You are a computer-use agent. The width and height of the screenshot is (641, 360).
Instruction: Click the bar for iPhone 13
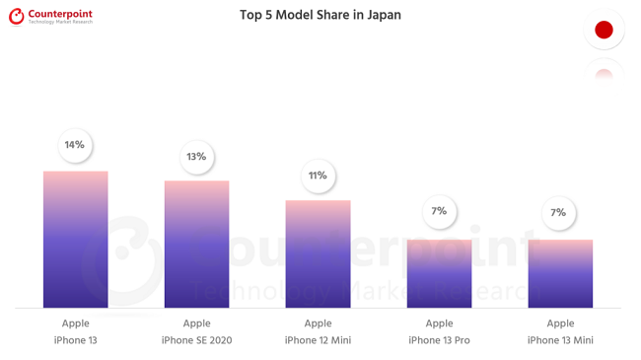click(x=75, y=240)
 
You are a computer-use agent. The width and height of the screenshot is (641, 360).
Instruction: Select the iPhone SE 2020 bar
click(x=196, y=245)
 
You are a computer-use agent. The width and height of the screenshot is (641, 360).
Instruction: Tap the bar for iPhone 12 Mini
click(x=318, y=254)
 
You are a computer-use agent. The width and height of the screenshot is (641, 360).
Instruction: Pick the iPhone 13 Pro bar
click(x=439, y=274)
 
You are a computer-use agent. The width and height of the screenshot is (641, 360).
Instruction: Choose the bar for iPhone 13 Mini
click(x=560, y=274)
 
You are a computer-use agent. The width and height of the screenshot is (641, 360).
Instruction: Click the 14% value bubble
click(x=75, y=145)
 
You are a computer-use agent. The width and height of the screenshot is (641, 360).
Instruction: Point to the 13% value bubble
click(x=196, y=157)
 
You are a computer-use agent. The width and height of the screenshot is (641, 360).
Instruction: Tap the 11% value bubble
click(x=318, y=176)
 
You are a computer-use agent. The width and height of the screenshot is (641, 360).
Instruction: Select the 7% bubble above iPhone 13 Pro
click(x=439, y=211)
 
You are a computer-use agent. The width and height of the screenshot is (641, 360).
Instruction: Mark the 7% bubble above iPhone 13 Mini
click(x=559, y=212)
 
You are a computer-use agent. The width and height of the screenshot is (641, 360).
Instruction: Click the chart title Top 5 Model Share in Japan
click(x=320, y=16)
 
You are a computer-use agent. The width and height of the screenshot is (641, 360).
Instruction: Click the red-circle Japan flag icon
click(x=604, y=30)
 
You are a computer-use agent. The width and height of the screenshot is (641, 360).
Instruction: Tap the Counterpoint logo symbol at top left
click(x=16, y=17)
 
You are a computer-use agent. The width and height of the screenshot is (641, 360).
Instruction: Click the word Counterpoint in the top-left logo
click(x=60, y=13)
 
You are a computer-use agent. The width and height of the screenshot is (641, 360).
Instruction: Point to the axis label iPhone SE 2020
click(x=196, y=340)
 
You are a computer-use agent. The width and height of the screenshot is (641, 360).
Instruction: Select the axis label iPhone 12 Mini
click(x=318, y=340)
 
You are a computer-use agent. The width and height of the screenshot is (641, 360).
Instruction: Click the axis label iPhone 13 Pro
click(x=439, y=340)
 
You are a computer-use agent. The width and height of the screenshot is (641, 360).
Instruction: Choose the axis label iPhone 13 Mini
click(x=560, y=340)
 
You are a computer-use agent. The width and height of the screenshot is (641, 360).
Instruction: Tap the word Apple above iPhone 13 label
click(x=75, y=323)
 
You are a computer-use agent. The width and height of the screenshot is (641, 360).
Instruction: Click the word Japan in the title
click(x=383, y=16)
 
